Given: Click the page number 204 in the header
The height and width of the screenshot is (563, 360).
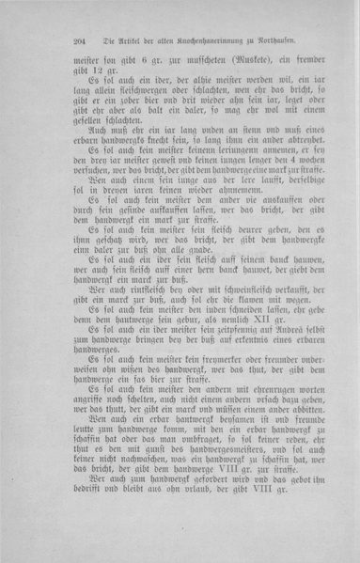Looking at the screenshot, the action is tap(79, 40).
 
